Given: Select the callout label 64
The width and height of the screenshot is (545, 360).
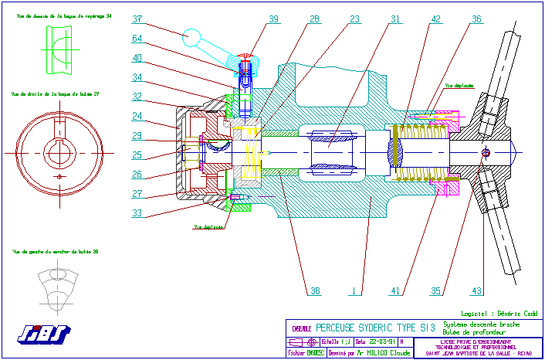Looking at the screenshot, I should point(137,39).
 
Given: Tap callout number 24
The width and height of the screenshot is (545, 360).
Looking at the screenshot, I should point(137,117).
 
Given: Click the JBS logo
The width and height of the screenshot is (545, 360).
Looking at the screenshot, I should point(43,334).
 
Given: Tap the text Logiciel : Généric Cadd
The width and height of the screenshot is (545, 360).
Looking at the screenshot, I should point(498,314).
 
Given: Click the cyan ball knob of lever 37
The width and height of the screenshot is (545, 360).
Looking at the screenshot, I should point(191,36).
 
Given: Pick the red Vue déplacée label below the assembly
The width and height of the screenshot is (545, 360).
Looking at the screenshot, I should point(208,227).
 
